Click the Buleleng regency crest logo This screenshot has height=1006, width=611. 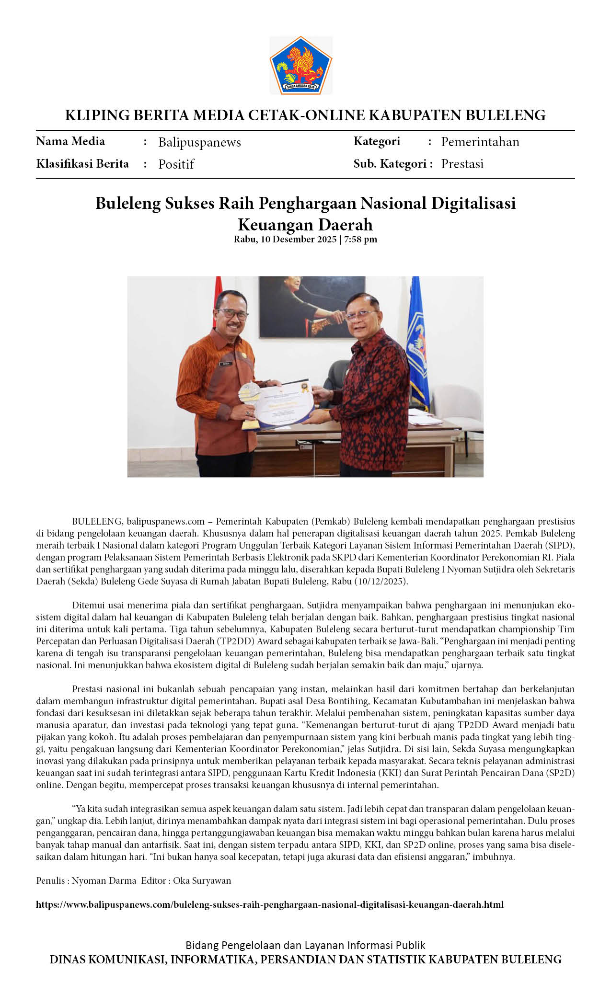300,65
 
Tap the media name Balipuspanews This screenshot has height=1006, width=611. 199,142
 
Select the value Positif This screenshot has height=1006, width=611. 176,164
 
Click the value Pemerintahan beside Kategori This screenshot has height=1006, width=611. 480,142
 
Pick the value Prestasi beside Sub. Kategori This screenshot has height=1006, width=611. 462,164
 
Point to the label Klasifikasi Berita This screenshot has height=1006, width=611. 82,164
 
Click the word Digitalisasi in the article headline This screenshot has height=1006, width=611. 473,203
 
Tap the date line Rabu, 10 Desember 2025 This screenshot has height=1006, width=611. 285,239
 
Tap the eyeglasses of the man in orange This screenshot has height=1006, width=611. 233,314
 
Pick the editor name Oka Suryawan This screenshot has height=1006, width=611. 202,880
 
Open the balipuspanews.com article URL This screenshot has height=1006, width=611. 270,904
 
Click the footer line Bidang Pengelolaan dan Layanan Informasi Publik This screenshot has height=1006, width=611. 305,945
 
